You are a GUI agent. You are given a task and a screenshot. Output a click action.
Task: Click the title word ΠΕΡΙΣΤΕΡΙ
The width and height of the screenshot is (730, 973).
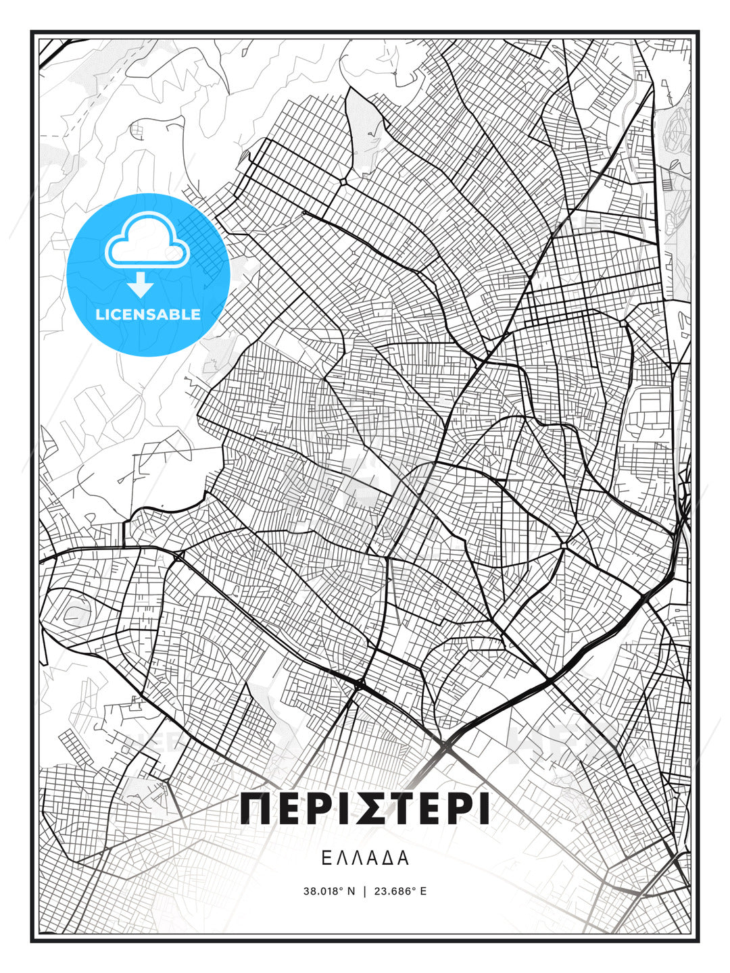[365, 808]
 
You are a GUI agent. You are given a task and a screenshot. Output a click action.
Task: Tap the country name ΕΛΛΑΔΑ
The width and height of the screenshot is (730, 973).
[365, 858]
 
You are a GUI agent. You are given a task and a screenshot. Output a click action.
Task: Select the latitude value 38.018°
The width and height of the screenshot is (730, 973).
[324, 891]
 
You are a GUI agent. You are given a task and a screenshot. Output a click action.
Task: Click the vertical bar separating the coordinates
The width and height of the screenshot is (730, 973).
[365, 891]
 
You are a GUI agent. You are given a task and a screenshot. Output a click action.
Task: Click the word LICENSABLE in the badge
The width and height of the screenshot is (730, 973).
[148, 314]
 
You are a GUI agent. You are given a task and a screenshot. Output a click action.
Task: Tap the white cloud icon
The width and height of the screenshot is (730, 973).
[147, 241]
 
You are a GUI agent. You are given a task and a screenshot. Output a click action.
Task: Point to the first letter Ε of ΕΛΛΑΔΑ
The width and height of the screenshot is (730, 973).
[326, 858]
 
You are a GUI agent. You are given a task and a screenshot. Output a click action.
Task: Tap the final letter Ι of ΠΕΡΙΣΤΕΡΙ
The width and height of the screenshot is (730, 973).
[484, 808]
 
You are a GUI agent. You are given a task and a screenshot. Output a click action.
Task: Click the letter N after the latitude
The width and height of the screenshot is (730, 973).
[351, 891]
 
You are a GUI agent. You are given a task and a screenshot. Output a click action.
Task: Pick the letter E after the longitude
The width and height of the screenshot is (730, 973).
[424, 891]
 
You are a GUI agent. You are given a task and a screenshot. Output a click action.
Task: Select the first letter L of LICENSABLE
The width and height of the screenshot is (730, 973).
[100, 314]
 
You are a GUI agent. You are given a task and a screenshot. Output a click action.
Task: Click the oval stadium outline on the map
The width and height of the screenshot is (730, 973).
[70, 614]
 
